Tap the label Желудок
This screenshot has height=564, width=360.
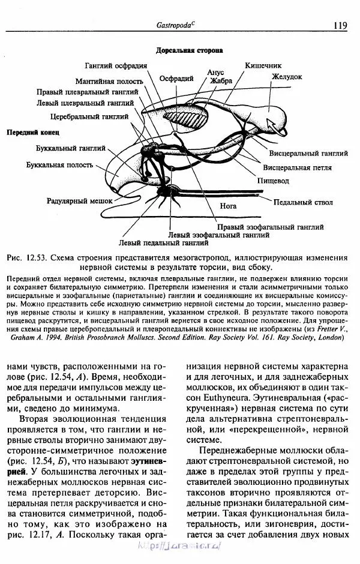(x=286, y=77)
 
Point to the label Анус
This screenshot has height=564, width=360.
(x=215, y=72)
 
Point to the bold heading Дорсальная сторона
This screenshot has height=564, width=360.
(x=190, y=52)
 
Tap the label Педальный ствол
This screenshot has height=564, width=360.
(x=302, y=203)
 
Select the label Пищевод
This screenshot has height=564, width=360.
(x=273, y=180)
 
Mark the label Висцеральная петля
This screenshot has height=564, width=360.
(x=298, y=167)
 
